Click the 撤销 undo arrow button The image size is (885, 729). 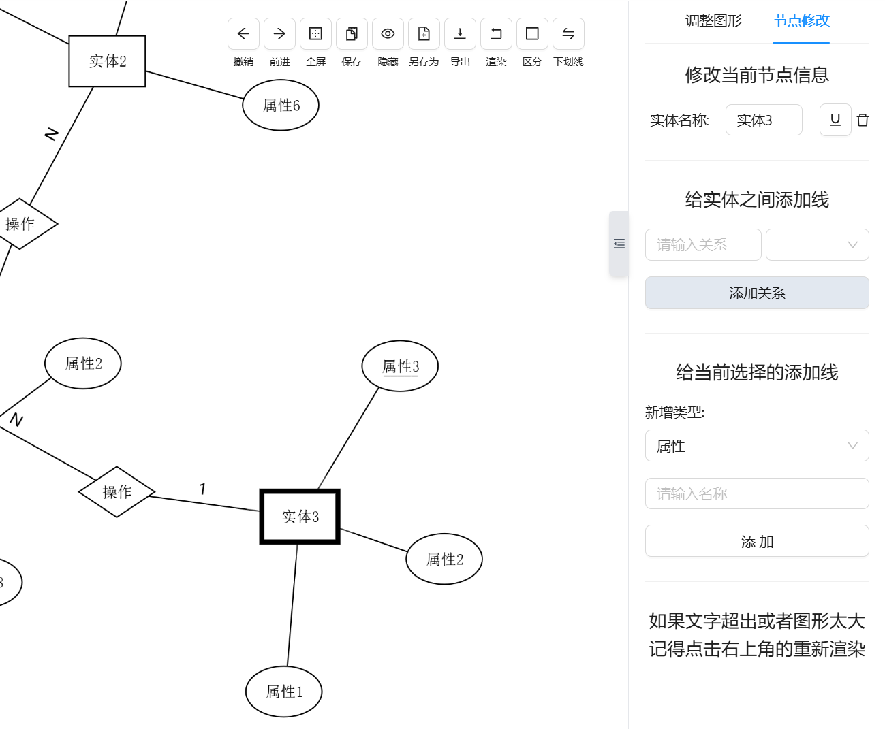tap(243, 34)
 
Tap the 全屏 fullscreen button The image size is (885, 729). tap(315, 34)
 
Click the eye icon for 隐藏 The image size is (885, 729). tap(388, 34)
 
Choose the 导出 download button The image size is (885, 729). tap(460, 34)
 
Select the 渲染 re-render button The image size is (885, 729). tap(496, 34)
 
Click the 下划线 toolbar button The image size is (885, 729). tap(568, 34)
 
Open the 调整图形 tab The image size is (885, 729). tap(713, 21)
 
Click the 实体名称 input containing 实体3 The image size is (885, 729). tap(763, 120)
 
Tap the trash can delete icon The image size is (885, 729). tap(863, 120)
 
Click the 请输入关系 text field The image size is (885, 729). tap(702, 245)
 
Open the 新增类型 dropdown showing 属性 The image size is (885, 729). tap(756, 446)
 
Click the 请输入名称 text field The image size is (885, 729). tap(756, 493)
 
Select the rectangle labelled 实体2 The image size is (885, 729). tap(107, 61)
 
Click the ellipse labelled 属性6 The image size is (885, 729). tap(281, 106)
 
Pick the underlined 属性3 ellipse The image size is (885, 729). tap(400, 366)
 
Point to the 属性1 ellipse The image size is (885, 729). tap(283, 692)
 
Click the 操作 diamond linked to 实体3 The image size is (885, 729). tap(117, 491)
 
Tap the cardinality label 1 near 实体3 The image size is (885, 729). tap(202, 489)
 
